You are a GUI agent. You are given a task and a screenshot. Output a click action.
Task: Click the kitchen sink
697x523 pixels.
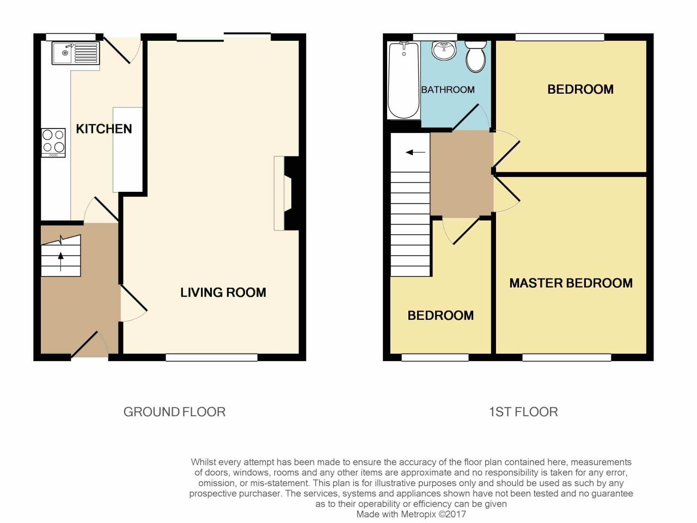tap(76, 53)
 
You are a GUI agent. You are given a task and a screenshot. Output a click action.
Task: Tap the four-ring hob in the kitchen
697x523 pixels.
tap(54, 142)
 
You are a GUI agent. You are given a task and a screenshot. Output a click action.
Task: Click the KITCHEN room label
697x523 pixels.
tap(103, 129)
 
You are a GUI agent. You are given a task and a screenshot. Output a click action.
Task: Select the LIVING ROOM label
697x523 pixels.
tap(223, 293)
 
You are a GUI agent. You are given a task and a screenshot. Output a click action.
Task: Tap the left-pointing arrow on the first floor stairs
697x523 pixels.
tap(415, 153)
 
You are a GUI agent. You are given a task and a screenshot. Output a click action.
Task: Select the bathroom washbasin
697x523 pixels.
tap(445, 51)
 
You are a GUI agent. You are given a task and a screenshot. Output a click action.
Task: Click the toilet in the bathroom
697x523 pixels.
tap(476, 57)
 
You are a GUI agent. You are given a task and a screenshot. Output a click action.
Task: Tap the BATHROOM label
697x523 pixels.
tap(448, 89)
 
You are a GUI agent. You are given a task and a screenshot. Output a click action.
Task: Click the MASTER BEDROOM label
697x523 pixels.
tap(571, 283)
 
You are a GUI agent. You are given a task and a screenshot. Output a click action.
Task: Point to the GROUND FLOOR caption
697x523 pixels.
tap(174, 412)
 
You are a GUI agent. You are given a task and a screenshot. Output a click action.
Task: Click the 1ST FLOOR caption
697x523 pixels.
tap(523, 412)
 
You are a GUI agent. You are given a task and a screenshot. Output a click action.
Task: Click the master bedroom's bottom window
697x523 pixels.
tap(566, 357)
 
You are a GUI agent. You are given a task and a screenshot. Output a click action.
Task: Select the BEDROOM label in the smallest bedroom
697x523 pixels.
tap(441, 315)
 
